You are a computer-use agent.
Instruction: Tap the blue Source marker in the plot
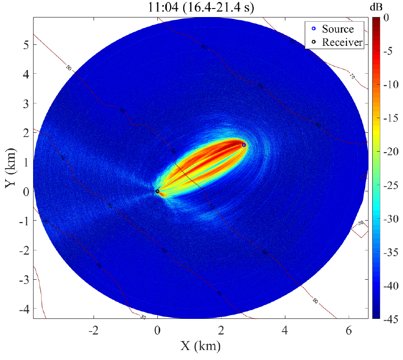(x=244, y=145)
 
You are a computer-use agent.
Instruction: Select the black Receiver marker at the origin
(x=157, y=191)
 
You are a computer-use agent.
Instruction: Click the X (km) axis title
(x=201, y=347)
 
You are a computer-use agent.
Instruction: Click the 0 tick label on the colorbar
(x=386, y=18)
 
